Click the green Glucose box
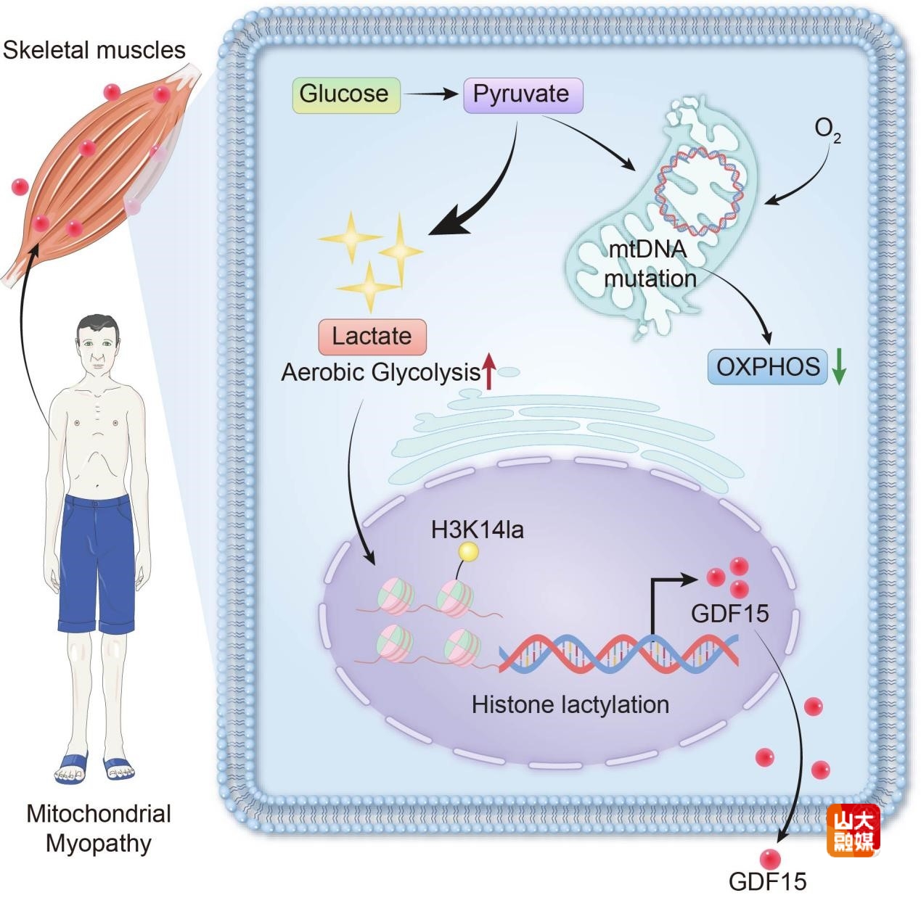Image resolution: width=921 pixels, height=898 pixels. [x=345, y=95]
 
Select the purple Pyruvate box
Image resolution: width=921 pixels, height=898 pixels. [x=523, y=95]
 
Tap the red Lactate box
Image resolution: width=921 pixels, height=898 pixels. [x=372, y=337]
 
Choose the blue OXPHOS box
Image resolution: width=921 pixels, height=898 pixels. [x=767, y=367]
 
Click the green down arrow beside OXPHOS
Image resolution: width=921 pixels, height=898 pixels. [x=839, y=368]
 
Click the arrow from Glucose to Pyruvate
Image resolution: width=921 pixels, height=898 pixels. [x=431, y=94]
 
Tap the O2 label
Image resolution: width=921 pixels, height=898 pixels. [x=827, y=130]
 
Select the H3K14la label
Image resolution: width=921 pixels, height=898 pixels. [x=477, y=530]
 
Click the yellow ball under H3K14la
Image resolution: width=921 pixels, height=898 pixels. [x=469, y=553]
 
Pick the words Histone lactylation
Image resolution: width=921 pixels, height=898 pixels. [x=570, y=704]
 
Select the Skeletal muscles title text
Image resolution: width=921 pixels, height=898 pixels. [x=94, y=50]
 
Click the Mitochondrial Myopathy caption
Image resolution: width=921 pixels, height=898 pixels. [x=99, y=828]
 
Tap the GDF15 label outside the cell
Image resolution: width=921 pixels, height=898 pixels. [x=767, y=881]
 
